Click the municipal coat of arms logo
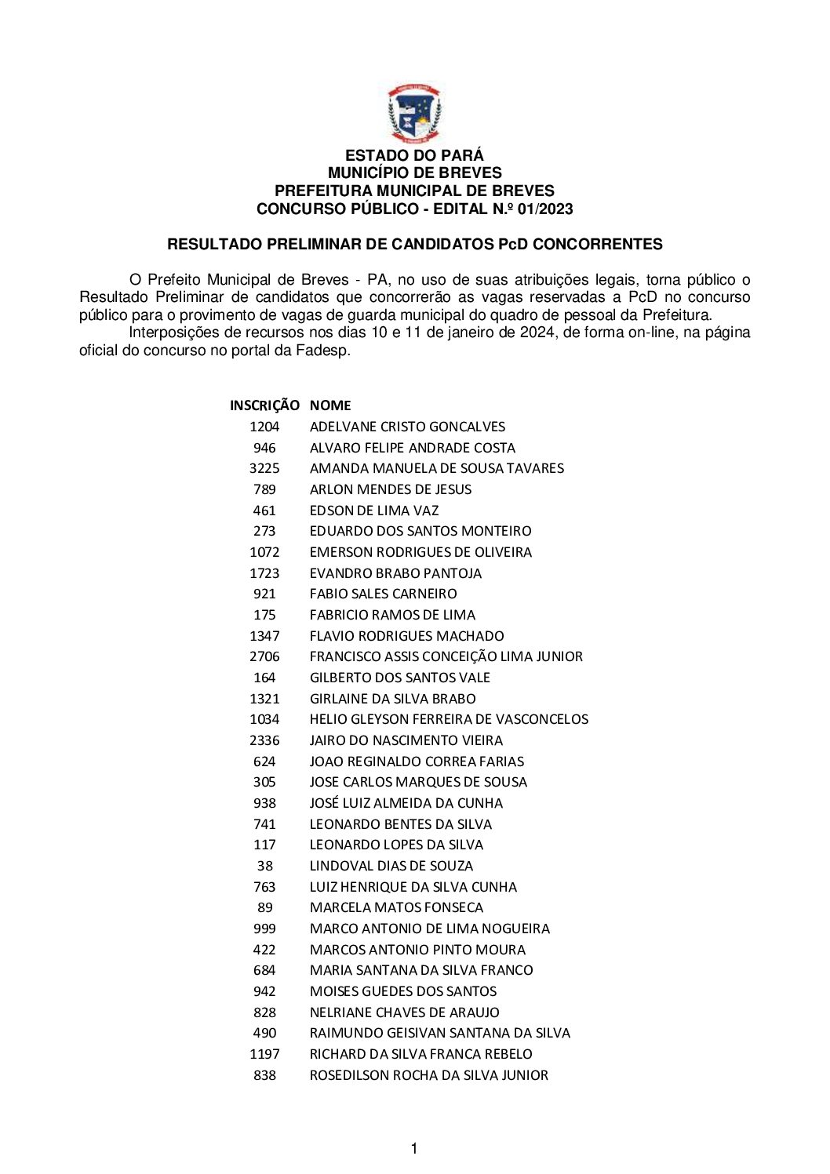pyautogui.click(x=414, y=114)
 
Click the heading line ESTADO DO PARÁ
pyautogui.click(x=414, y=155)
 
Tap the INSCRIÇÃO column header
pyautogui.click(x=264, y=405)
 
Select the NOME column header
pyautogui.click(x=330, y=405)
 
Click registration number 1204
pyautogui.click(x=264, y=427)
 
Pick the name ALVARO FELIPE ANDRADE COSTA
pyautogui.click(x=413, y=448)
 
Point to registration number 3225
pyautogui.click(x=264, y=468)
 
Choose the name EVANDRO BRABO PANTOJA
pyautogui.click(x=395, y=573)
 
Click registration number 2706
pyautogui.click(x=264, y=656)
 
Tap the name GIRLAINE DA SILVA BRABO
pyautogui.click(x=392, y=699)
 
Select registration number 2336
pyautogui.click(x=264, y=740)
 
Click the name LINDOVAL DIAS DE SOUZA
pyautogui.click(x=391, y=866)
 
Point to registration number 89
pyautogui.click(x=265, y=907)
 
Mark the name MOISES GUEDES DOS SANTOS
pyautogui.click(x=403, y=991)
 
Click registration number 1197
pyautogui.click(x=264, y=1054)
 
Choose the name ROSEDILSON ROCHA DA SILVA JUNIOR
pyautogui.click(x=429, y=1075)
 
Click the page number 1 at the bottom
pyautogui.click(x=414, y=1149)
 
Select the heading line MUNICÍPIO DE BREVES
pyautogui.click(x=414, y=173)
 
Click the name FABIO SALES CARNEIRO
pyautogui.click(x=383, y=594)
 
